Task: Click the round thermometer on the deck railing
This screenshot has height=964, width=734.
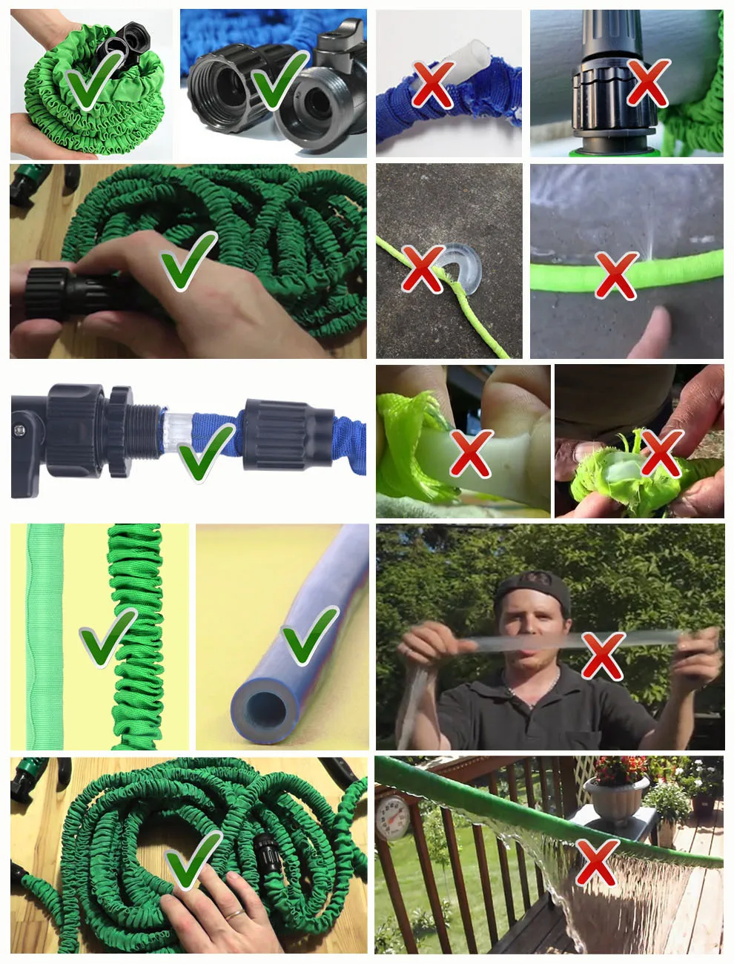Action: point(392,816)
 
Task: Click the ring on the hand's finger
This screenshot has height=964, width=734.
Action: point(234,914)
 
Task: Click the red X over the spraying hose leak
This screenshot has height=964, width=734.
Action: point(616,274)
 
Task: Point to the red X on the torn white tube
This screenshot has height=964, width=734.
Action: point(471,452)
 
